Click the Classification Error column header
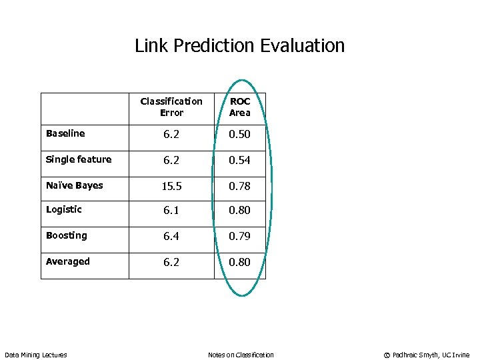(171, 107)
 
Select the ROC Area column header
(240, 107)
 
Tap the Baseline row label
(65, 133)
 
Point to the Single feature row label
(79, 159)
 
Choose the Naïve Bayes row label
(75, 185)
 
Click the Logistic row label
(64, 209)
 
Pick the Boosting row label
(67, 235)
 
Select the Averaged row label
(68, 261)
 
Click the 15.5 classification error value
(171, 187)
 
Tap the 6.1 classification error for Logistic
(171, 210)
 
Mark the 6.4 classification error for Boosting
(171, 236)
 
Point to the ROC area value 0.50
(240, 134)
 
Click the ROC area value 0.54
(240, 160)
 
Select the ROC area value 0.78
(240, 187)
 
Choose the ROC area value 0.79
(240, 236)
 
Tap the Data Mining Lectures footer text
(36, 355)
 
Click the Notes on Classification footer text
(241, 355)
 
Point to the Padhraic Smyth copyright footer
(427, 355)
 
